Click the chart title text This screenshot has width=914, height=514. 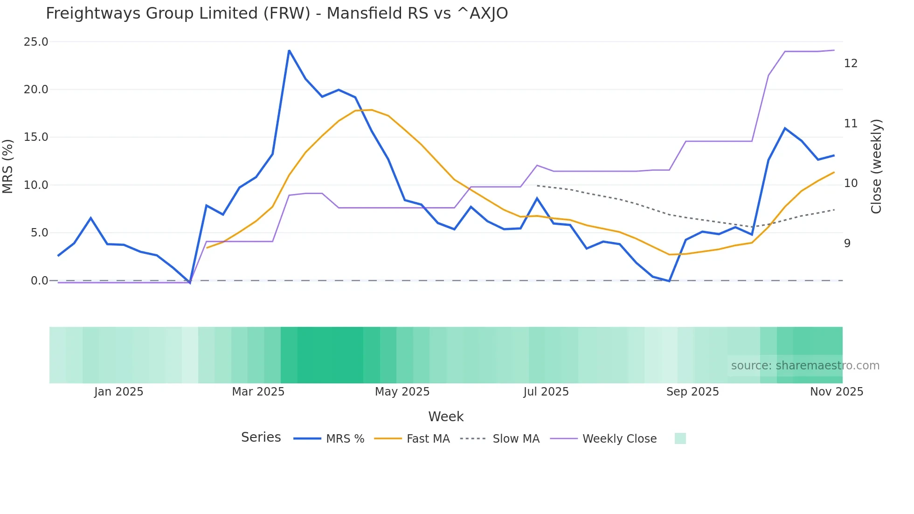pos(277,14)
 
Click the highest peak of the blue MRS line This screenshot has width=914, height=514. pos(289,50)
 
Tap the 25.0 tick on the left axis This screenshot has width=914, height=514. pos(36,42)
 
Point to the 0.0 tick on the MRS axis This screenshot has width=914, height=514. pos(39,281)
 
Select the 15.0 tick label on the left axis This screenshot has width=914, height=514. pos(36,137)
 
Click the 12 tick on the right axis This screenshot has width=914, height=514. pos(851,63)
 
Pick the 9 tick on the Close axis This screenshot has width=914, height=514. pos(847,243)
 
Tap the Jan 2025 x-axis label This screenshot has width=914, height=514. pos(118,392)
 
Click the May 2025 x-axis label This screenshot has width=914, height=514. pos(402,392)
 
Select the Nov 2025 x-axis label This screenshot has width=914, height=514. pos(837,392)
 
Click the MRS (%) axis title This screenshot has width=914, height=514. pos(8,166)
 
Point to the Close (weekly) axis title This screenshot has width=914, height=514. pos(876,167)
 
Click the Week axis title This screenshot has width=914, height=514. pos(446,417)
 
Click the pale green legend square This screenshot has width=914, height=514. pos(680,438)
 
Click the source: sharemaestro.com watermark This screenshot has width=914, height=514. pos(805,366)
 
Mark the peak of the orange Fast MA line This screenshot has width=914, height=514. pos(371,110)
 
